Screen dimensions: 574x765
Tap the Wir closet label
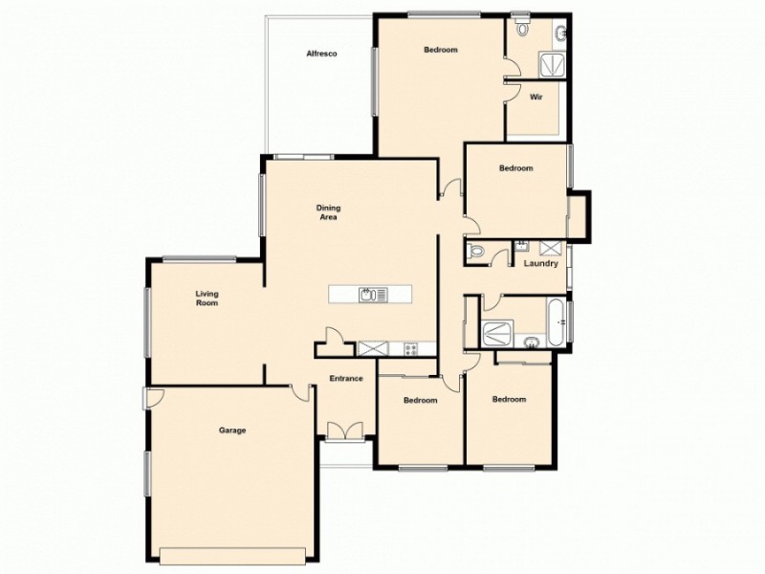536,98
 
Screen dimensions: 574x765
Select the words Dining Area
329,212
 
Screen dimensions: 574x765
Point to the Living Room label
207,298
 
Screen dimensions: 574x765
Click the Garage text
232,430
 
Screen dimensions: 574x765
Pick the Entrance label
346,379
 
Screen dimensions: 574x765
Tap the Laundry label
540,264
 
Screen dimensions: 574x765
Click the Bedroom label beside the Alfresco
440,50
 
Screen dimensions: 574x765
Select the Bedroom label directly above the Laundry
515,168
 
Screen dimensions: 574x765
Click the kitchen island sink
367,295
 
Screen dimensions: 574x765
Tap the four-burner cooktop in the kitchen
411,348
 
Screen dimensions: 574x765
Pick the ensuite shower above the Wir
552,64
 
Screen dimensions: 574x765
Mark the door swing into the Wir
511,91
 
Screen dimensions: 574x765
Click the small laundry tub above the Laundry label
523,247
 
